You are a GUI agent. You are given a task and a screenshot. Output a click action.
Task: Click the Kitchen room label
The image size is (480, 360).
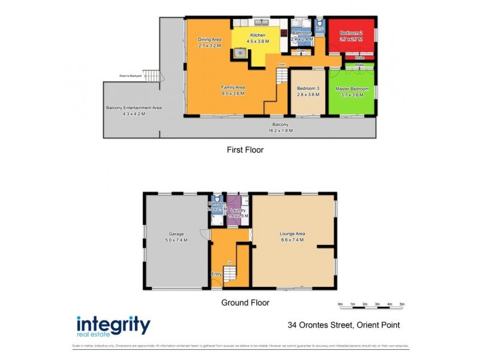click(x=259, y=35)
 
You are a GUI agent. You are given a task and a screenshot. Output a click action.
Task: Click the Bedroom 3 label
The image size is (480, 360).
click(x=308, y=89)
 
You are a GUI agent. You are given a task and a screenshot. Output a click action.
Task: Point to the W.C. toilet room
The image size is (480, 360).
click(x=320, y=27)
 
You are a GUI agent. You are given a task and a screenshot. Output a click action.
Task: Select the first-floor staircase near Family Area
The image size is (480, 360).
click(x=282, y=77)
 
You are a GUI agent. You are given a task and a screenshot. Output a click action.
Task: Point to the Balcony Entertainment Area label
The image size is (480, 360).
click(x=134, y=107)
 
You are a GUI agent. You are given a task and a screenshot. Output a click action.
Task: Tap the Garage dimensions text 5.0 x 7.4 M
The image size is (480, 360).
click(x=176, y=239)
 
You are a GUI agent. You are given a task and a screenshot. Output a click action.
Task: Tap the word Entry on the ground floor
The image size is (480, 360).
click(x=216, y=274)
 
